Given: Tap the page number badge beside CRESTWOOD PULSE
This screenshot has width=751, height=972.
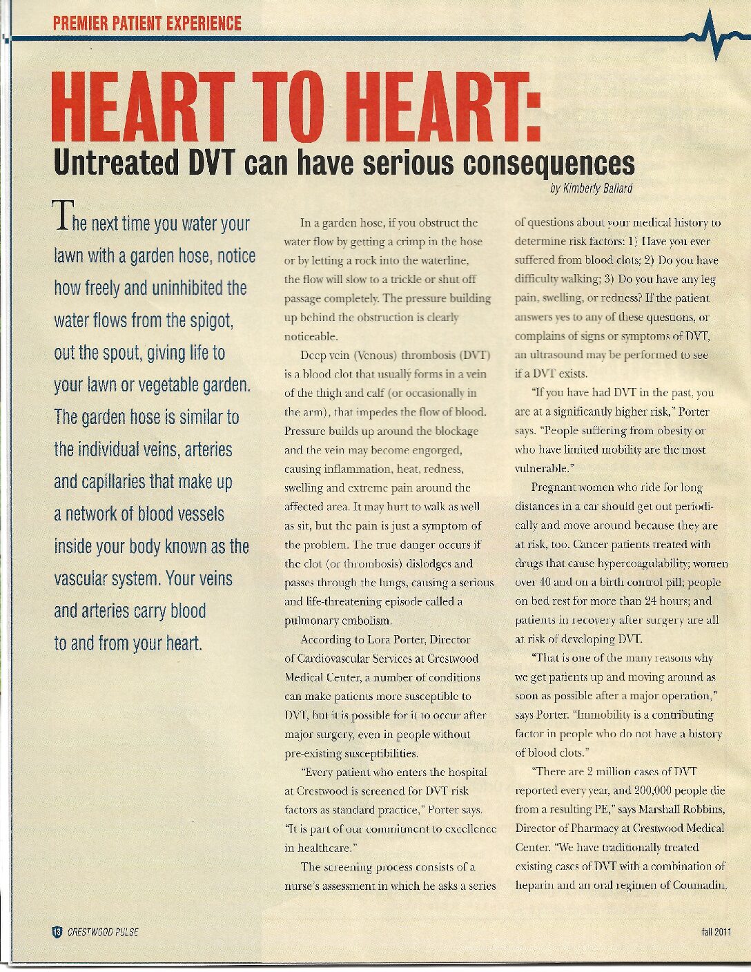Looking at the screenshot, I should tap(57, 932).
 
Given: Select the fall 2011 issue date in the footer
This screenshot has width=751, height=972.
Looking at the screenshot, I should tap(716, 932).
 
